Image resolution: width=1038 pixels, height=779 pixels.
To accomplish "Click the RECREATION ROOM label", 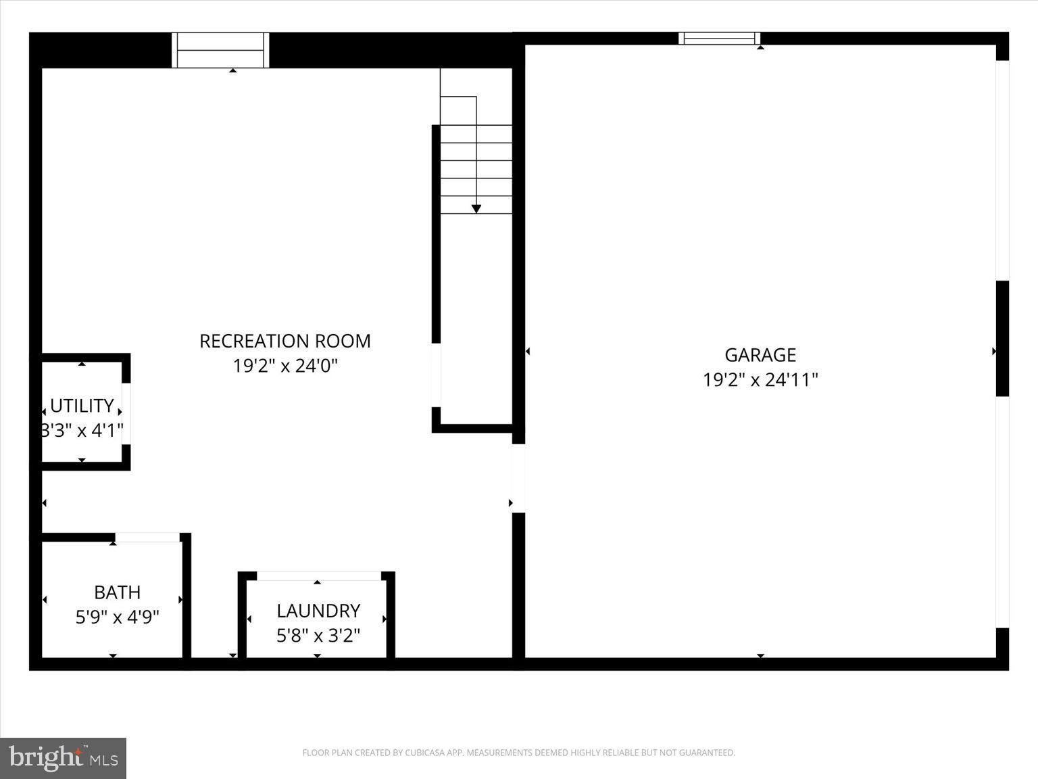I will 285,341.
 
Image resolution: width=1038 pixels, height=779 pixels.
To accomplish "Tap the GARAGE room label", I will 760,354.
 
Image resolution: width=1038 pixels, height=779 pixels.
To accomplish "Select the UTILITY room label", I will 82,406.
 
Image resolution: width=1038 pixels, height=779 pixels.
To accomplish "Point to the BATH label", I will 118,592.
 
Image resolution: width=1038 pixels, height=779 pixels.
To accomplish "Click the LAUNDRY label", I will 318,611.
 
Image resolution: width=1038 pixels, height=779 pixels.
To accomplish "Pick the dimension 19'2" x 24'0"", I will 285,366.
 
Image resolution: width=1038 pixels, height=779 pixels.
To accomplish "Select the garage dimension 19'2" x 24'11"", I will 760,379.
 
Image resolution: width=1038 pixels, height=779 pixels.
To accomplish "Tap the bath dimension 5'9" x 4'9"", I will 118,617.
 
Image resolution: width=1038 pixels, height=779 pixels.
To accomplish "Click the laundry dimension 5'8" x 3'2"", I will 318,636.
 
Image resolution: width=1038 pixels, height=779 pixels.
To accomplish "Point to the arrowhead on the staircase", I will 476,209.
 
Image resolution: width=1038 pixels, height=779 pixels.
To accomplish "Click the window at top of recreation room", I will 220,50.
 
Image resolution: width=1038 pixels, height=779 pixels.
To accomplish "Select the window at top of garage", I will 719,39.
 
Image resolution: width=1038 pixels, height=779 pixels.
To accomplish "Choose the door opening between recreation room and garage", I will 518,478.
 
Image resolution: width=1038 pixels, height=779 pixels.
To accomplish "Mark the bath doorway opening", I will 147,538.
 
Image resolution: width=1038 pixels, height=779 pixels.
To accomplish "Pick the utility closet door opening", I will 126,414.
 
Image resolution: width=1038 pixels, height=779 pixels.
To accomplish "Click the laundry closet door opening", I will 319,576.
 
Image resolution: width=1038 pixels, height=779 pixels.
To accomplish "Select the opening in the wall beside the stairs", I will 436,375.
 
